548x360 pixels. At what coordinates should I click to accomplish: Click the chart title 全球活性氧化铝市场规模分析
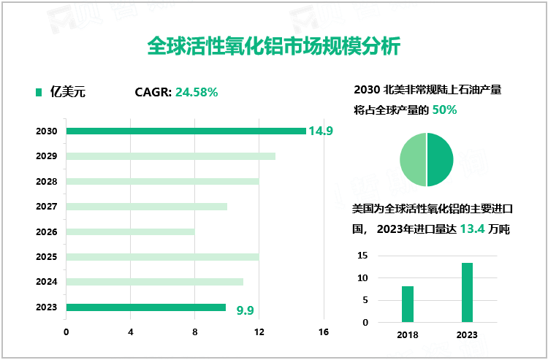pyautogui.click(x=273, y=47)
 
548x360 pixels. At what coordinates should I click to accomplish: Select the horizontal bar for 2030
pyautogui.click(x=186, y=131)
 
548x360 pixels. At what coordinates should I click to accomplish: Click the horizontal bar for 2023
pyautogui.click(x=146, y=307)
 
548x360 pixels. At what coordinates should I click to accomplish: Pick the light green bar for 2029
pyautogui.click(x=171, y=156)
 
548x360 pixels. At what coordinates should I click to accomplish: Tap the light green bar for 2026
pyautogui.click(x=131, y=231)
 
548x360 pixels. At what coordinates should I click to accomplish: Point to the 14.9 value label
pyautogui.click(x=321, y=131)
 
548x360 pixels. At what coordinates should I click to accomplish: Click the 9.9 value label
pyautogui.click(x=246, y=310)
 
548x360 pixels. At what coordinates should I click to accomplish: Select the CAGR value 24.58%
pyautogui.click(x=197, y=92)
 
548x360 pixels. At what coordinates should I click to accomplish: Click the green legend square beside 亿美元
pyautogui.click(x=39, y=92)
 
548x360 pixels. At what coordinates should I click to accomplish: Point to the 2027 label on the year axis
pyautogui.click(x=46, y=207)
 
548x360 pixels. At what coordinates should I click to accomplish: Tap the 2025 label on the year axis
pyautogui.click(x=46, y=257)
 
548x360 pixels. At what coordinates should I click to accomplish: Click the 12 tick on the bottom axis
pyautogui.click(x=259, y=332)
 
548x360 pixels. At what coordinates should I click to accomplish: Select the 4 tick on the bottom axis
pyautogui.click(x=131, y=332)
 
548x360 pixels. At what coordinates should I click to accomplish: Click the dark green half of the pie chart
pyautogui.click(x=440, y=159)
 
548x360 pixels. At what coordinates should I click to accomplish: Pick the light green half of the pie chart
pyautogui.click(x=413, y=159)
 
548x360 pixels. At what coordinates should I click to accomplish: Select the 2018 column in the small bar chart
pyautogui.click(x=408, y=304)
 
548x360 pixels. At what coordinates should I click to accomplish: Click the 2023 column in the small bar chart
pyautogui.click(x=467, y=292)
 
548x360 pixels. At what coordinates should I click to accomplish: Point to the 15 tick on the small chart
pyautogui.click(x=362, y=256)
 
